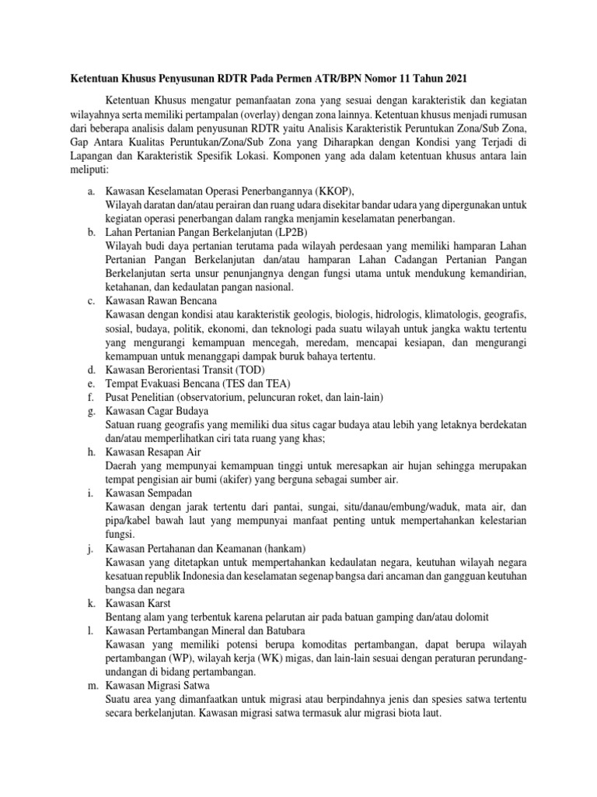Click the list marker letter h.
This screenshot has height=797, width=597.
(x=89, y=451)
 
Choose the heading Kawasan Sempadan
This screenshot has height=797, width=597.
(x=148, y=493)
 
